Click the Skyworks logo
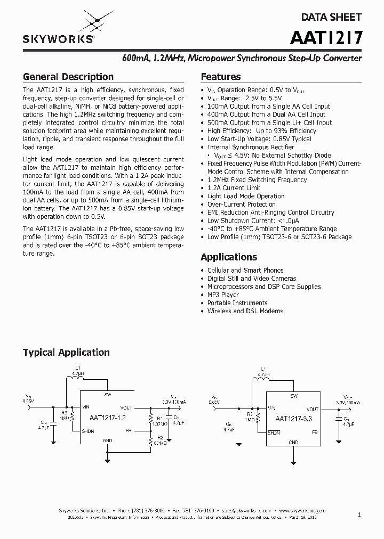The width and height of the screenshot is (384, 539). (x=58, y=29)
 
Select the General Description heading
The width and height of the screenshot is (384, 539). (x=68, y=77)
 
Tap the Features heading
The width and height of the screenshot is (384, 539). (x=220, y=77)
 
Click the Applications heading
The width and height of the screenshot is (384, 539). (x=229, y=257)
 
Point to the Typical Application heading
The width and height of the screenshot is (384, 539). (x=66, y=353)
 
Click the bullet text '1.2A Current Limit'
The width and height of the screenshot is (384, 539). (x=234, y=188)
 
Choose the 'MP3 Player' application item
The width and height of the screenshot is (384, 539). (x=223, y=295)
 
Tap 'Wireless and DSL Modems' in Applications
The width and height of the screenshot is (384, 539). (x=245, y=311)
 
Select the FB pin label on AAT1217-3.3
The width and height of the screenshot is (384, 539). (x=315, y=432)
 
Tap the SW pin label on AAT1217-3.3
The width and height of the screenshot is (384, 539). (x=294, y=396)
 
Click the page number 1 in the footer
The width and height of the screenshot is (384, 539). (x=359, y=514)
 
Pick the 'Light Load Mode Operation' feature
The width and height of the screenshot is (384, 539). (x=245, y=197)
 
